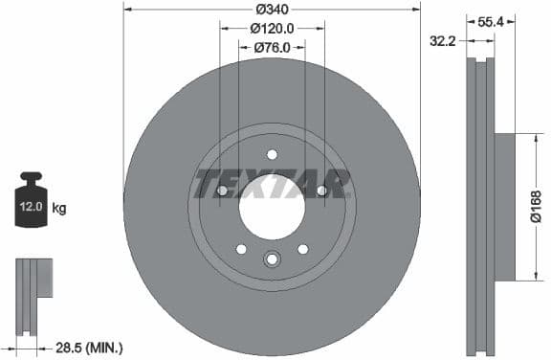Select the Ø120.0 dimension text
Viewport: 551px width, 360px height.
[273, 29]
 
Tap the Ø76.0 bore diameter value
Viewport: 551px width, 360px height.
[273, 46]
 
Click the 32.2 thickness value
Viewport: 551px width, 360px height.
[442, 42]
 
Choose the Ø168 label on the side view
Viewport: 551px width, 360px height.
[536, 207]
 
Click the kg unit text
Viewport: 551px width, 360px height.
[59, 208]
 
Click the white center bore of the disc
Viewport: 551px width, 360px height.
[272, 207]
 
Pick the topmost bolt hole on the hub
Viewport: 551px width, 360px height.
[272, 155]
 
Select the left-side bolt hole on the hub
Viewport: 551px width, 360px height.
[222, 191]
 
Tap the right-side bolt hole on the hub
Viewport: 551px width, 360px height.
[322, 191]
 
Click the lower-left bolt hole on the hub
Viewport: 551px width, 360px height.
[241, 249]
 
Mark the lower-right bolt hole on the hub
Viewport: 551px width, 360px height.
[303, 249]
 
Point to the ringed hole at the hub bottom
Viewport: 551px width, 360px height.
[272, 259]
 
